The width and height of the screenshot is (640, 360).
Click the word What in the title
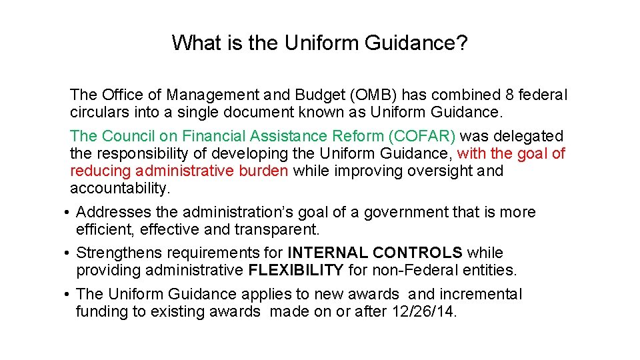tap(193, 43)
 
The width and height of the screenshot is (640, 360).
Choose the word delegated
tap(531, 136)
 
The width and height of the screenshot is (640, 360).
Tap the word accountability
tap(120, 188)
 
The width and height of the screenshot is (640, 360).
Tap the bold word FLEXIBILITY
tap(296, 270)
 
